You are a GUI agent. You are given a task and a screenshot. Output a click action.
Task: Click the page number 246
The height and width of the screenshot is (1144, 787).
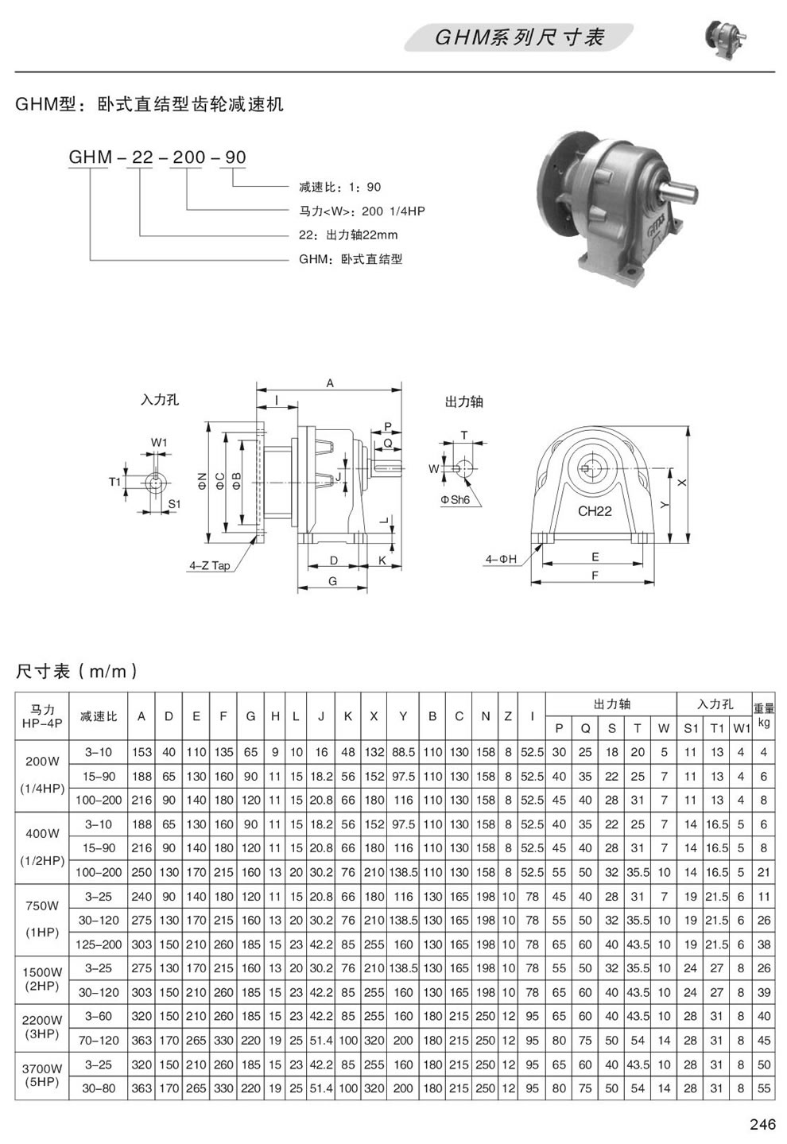coord(762,1124)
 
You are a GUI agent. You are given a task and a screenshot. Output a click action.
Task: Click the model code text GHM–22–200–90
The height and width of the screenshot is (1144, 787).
coord(157,157)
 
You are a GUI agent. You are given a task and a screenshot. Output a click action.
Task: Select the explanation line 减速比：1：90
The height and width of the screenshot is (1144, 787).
coord(340,188)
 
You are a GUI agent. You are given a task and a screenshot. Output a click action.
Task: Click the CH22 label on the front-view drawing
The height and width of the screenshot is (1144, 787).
coord(594,511)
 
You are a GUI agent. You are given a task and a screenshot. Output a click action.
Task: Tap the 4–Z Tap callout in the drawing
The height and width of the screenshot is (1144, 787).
coord(209,566)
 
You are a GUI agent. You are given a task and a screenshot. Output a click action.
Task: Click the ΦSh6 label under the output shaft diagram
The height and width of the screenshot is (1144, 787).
coord(456,500)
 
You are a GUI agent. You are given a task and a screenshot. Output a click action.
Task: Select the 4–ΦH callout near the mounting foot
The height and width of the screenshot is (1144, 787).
coord(501,560)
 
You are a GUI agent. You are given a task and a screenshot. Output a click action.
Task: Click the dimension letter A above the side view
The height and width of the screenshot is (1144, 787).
coord(329,383)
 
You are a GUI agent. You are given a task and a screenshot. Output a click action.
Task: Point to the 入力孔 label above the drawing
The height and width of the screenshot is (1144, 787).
coord(160,400)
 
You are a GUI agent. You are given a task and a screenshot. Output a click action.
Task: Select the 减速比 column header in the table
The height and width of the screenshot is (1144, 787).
coord(99,716)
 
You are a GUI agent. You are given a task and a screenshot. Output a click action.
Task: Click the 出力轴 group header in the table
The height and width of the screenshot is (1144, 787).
coord(611,704)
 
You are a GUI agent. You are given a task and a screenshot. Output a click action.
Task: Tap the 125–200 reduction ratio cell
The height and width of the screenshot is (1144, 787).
coord(99,944)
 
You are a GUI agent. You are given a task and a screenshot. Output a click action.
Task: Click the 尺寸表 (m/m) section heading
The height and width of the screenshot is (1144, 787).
coord(77,671)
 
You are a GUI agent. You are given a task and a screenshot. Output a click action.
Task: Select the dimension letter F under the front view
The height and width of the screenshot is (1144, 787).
coord(594,576)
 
